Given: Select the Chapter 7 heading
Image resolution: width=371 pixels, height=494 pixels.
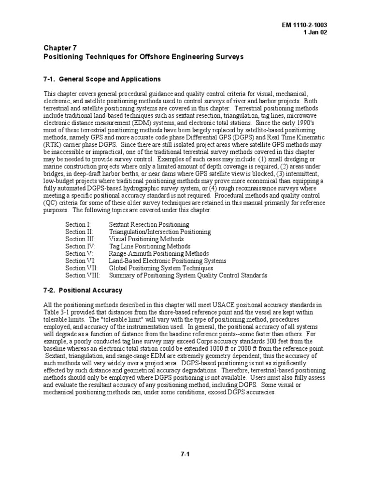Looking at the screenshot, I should (60, 48).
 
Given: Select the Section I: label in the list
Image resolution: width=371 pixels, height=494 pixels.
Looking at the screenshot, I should (78, 224).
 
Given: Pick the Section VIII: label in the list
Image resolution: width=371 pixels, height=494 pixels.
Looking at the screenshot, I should (83, 275).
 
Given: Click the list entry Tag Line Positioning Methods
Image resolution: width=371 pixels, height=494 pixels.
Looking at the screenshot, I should (143, 246).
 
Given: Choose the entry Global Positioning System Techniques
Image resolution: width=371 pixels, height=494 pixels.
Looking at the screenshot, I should (160, 268).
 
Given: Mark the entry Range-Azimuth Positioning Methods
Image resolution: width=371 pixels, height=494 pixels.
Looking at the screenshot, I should (158, 253).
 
